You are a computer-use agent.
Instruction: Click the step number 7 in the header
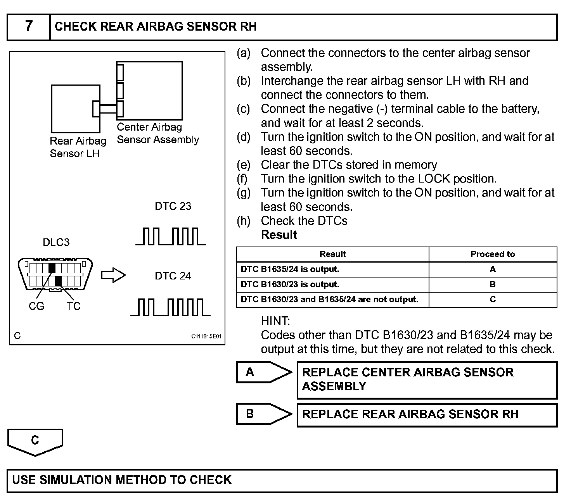coord(29,26)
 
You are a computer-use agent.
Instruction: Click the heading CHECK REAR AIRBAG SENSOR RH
coord(156,26)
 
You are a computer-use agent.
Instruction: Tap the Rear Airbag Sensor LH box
coord(75,109)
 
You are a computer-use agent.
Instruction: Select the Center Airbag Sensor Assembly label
coord(157,133)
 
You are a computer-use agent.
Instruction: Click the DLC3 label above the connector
coord(56,243)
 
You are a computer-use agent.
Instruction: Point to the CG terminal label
coord(36,306)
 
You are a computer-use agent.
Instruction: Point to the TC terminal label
coord(73,306)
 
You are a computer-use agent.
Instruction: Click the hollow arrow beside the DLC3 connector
coord(114,275)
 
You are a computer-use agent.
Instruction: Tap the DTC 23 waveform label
coord(173,206)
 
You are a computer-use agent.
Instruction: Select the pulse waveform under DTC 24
coord(170,307)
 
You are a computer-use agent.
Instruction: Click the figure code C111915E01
coord(206,336)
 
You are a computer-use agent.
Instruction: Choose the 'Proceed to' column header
coord(493,254)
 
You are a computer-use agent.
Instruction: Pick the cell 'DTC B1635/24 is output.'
coord(290,269)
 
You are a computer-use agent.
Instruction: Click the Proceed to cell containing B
coord(493,284)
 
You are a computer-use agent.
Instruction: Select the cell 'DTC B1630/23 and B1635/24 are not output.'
coord(329,300)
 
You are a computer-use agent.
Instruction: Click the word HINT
coord(275,321)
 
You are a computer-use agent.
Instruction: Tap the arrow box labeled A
coord(264,372)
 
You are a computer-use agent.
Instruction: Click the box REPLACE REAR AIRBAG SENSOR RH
coord(427,415)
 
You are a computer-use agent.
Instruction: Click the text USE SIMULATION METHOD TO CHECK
coord(122,480)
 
